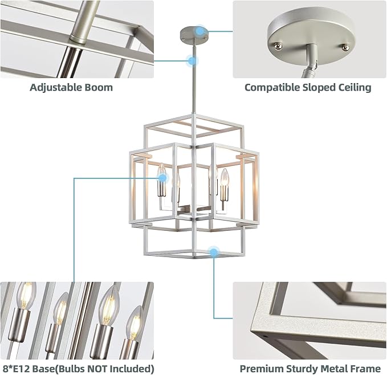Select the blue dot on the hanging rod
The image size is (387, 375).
[x=193, y=60]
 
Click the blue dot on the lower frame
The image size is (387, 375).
[x=214, y=251]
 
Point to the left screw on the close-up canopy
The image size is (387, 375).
[x=279, y=45]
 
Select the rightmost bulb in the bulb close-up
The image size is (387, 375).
[x=135, y=322]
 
